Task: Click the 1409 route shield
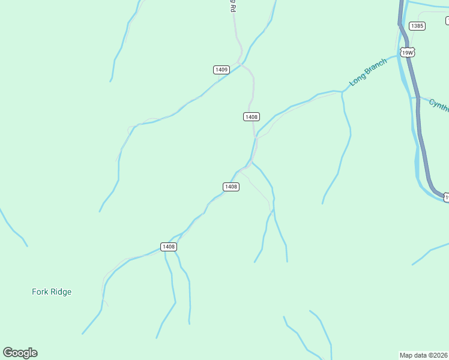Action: point(221,70)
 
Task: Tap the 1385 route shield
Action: point(417,26)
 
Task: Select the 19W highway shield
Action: point(408,53)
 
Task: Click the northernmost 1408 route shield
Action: point(252,116)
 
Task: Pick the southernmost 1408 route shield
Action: point(169,247)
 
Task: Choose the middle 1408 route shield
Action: point(231,187)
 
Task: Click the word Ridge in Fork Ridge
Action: point(61,292)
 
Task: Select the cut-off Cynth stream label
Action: point(439,106)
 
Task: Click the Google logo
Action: point(20,353)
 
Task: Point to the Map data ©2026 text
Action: point(424,355)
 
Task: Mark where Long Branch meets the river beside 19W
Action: point(399,57)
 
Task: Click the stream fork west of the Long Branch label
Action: point(342,92)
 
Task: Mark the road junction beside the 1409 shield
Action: point(240,62)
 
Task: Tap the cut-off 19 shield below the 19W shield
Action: point(446,197)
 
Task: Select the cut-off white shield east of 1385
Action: point(447,21)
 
